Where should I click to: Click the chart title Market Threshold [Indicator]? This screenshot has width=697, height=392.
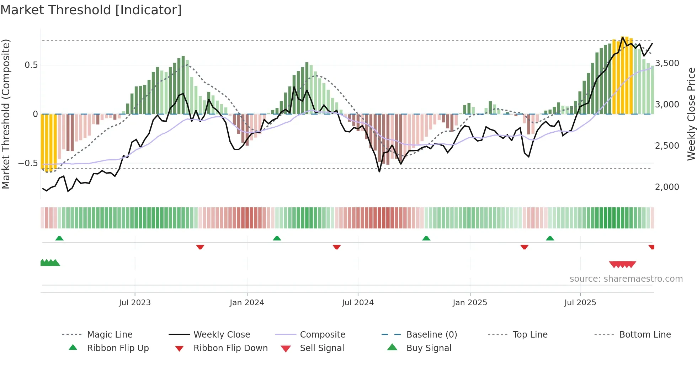pos(91,10)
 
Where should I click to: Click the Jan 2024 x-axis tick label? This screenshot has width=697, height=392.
pos(247,303)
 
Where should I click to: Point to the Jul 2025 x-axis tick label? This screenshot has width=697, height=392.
pos(580,303)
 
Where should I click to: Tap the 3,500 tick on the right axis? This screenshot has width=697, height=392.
pos(667,63)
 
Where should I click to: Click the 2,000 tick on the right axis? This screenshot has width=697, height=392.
pos(667,187)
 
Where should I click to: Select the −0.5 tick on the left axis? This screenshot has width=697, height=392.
pos(28,163)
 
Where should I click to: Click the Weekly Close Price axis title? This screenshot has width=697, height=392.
pos(691,114)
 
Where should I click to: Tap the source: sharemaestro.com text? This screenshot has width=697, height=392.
pos(626,279)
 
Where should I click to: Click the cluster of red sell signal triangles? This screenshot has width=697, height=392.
pos(622,264)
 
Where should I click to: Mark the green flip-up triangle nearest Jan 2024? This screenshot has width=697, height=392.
pos(277,238)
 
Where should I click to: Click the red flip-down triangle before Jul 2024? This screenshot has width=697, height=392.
pos(337,247)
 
